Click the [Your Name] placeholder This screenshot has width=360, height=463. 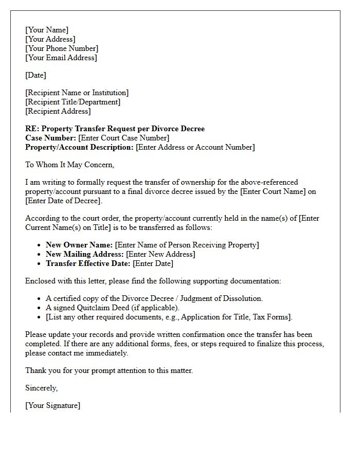[x=47, y=30]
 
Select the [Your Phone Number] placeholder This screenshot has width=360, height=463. [x=62, y=48]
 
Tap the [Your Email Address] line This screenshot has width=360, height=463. [x=61, y=58]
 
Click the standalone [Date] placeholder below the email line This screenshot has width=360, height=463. [x=35, y=75]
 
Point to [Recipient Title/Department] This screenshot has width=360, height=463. [x=73, y=102]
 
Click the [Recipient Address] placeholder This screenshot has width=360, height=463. [x=58, y=111]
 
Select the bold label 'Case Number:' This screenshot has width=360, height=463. [x=50, y=138]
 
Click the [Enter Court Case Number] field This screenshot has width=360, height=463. [x=123, y=138]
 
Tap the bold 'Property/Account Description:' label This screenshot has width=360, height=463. [x=79, y=147]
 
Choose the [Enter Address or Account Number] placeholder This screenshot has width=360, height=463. [x=195, y=147]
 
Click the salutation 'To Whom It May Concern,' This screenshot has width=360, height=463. [x=69, y=165]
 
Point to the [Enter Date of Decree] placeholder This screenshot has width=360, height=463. [x=64, y=201]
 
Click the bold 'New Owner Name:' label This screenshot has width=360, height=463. [x=79, y=245]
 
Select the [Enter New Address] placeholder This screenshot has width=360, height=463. [x=160, y=254]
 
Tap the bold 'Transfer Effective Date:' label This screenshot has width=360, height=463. [x=88, y=263]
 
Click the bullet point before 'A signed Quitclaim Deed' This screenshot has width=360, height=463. [x=40, y=308]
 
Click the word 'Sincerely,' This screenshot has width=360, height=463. [x=42, y=388]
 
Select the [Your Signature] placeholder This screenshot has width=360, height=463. [x=52, y=405]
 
